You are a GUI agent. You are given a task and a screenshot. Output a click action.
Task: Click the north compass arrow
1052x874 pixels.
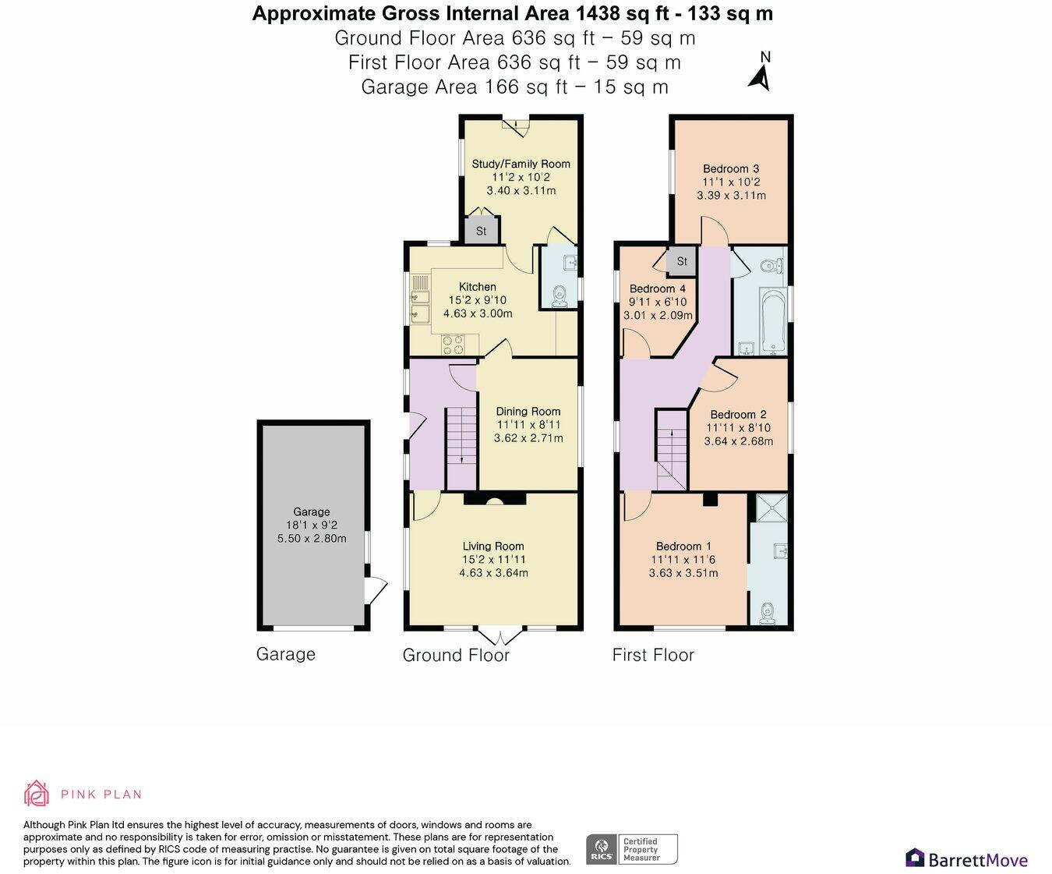pos(760,76)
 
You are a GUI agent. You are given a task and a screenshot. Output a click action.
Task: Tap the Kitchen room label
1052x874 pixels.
pos(477,287)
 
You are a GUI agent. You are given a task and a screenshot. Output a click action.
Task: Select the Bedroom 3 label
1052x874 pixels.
pos(730,168)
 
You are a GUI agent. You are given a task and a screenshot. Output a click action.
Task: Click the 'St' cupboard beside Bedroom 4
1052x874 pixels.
pos(682,261)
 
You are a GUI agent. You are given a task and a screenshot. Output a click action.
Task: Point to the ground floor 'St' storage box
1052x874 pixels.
pos(481,231)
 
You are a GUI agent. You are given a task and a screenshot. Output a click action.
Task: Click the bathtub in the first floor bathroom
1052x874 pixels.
pos(774,322)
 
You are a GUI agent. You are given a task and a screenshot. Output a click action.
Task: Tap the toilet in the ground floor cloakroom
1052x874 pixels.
pos(559,296)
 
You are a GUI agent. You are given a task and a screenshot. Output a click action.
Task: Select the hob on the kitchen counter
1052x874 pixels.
pos(453,344)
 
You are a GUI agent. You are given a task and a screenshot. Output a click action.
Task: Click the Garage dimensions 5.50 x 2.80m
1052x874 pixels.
pos(312,538)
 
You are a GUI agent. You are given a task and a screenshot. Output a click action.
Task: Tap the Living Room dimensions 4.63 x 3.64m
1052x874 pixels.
pos(493,572)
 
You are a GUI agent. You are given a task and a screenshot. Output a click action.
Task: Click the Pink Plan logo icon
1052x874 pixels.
pos(36,794)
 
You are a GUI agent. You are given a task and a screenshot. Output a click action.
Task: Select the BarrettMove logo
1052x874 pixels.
pos(966,858)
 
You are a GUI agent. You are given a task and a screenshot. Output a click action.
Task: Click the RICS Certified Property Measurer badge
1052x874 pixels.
pos(631,849)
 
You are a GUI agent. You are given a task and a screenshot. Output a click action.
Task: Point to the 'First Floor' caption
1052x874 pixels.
pos(653,655)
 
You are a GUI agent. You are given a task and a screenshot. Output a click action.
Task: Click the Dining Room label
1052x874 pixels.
pos(528,411)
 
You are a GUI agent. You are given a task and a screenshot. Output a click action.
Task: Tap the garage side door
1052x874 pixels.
pos(376,590)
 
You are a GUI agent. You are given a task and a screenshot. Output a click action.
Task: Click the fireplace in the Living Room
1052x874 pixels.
pos(495,500)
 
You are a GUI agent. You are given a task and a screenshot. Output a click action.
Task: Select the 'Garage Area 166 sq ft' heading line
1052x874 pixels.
pos(514,87)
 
